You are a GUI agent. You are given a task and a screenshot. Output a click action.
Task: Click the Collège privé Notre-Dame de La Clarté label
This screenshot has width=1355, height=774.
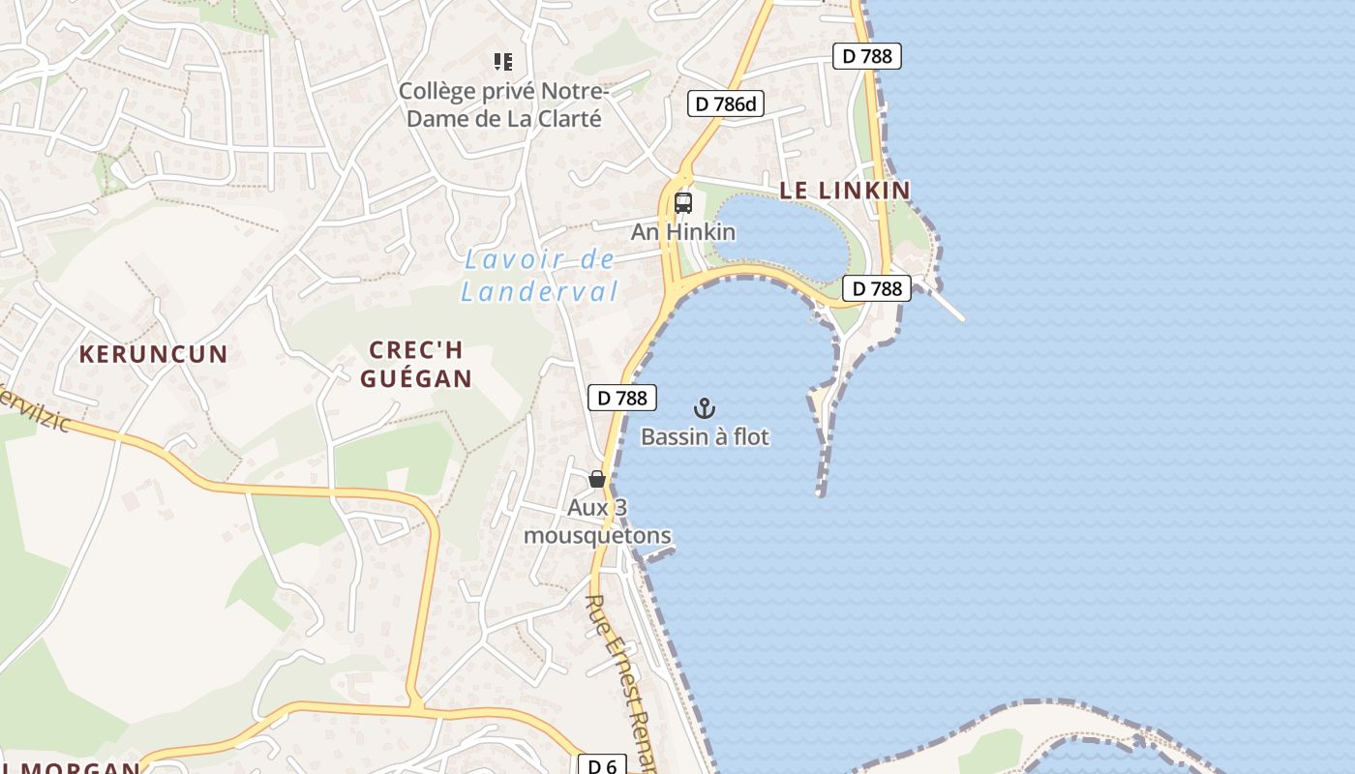point(502,104)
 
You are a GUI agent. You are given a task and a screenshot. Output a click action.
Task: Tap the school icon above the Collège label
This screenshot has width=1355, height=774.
point(502,63)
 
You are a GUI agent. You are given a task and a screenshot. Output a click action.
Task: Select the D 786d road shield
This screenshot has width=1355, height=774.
point(726,104)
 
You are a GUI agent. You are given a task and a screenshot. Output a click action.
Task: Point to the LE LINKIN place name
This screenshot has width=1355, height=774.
point(845,191)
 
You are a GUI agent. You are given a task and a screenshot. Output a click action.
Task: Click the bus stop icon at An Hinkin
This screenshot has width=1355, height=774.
point(683,203)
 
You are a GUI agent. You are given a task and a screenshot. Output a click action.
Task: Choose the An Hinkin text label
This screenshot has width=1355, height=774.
point(683,232)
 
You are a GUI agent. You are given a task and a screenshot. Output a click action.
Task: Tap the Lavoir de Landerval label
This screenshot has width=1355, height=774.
point(539,276)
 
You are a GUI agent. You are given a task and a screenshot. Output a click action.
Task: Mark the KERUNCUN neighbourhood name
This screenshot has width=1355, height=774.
point(153,354)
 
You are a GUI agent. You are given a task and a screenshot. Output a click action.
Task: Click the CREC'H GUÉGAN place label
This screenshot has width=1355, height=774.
point(416,364)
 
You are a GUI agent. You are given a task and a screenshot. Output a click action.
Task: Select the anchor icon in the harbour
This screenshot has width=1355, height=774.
point(705,408)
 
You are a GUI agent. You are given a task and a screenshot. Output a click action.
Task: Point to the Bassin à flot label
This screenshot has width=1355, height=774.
point(705,437)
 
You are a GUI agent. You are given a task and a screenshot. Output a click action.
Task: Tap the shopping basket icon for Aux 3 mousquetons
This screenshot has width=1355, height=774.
point(597,479)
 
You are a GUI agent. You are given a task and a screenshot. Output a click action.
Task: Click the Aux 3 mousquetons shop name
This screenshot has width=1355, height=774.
point(597,521)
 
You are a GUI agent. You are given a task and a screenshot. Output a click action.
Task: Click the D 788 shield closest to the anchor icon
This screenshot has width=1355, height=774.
point(622,398)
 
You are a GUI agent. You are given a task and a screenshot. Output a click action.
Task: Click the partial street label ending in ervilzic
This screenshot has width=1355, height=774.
point(34,411)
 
